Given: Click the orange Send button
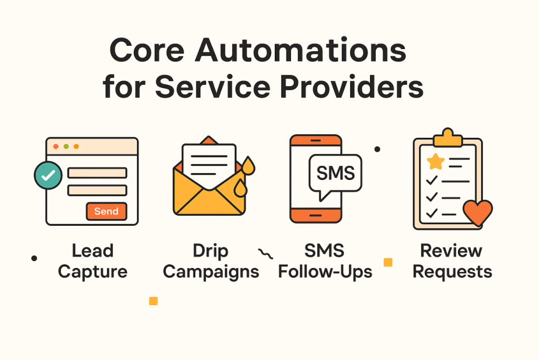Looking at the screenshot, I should pos(106,212).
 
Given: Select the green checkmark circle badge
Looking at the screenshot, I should pos(47,176).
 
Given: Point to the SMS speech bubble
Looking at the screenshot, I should pos(335,174).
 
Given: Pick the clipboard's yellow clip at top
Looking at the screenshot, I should pos(447,138).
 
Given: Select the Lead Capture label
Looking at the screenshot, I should pos(93,261).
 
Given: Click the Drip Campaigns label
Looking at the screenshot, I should pos(211,261).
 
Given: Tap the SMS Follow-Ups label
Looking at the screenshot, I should pos(325,261).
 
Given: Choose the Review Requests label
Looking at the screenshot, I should pos(452,261).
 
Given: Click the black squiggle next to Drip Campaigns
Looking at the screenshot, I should pos(266,254).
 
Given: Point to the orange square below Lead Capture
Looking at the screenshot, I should pos(153,301).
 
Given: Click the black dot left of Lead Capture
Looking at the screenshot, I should pos(34,258).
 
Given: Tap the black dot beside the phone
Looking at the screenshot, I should pos(377,149).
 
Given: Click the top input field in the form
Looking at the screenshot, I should pos(97,173).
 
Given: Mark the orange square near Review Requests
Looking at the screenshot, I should pos(388,262).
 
